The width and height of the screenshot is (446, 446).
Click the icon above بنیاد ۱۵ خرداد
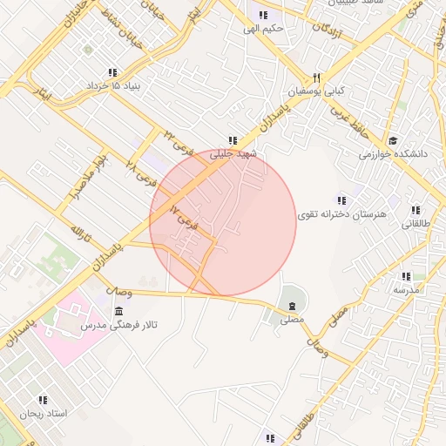point(111,72)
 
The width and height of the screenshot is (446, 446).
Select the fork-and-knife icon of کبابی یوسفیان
point(316,77)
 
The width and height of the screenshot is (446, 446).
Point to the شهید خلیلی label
point(233,152)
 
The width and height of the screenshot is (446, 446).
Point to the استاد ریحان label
point(43,413)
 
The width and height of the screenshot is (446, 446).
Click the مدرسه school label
point(406,288)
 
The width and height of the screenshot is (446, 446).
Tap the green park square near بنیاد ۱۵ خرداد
point(88,50)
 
